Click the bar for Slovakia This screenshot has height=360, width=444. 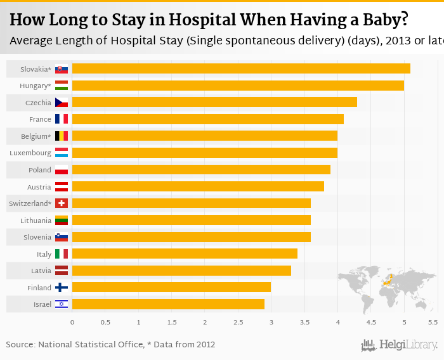pos(241,68)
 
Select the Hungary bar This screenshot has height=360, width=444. pos(238,86)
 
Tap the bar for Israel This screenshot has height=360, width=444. pos(168,304)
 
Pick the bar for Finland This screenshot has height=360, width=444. pos(171,287)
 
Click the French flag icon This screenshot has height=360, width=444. pos(62,119)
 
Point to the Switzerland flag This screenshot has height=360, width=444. pos(62,203)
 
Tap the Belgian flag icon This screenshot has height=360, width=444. pos(62,136)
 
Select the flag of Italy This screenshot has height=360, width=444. pos(62,254)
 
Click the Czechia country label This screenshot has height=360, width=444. pos(38,103)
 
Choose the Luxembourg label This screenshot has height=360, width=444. pos(30,153)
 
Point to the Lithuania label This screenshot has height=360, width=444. pos(36,221)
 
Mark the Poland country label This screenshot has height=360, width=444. pos(40,170)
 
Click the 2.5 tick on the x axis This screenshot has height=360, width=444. pos(238,323)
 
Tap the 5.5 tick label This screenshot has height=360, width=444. pos(433,323)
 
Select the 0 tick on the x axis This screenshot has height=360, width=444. pos(72,323)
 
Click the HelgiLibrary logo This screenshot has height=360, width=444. pos(400,345)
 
